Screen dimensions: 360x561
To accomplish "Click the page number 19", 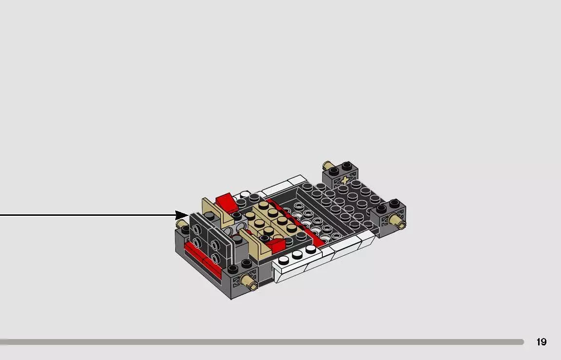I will point(541,342).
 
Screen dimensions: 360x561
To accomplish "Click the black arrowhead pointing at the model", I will point(182,215).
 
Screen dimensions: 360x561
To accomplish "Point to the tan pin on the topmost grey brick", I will point(327,166).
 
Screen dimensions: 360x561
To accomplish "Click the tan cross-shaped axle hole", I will point(345,181).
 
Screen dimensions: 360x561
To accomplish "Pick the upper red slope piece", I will point(226,201).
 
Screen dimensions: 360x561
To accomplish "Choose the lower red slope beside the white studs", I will point(275,244).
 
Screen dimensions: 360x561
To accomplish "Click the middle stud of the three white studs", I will point(297,254).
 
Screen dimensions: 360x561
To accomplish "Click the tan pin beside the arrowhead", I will point(181,225).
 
